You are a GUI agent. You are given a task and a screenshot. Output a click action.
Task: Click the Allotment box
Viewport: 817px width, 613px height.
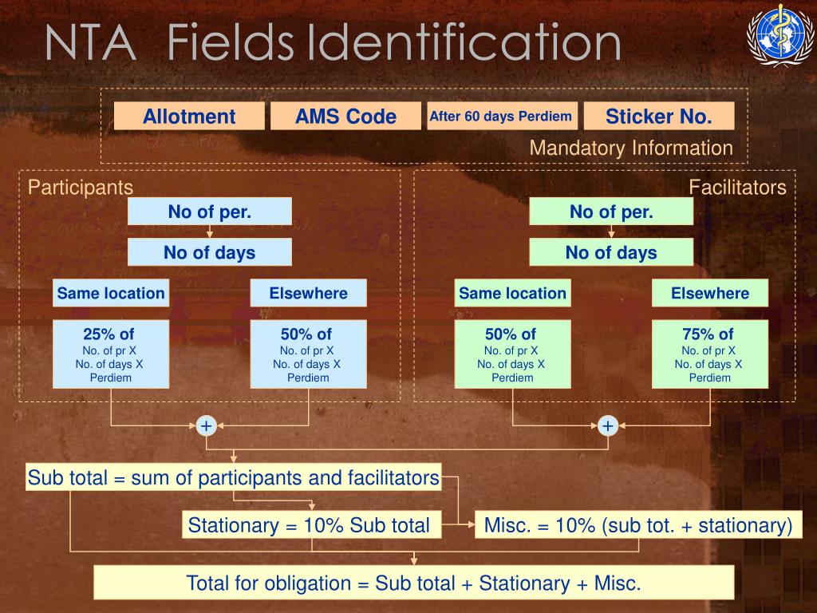pyautogui.click(x=189, y=117)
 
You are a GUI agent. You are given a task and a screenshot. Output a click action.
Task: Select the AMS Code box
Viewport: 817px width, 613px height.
pyautogui.click(x=345, y=117)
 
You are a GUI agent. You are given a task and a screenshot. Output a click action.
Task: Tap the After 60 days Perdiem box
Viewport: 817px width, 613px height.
pyautogui.click(x=501, y=117)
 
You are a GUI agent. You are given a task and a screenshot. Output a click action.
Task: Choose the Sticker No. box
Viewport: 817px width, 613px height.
pyautogui.click(x=658, y=117)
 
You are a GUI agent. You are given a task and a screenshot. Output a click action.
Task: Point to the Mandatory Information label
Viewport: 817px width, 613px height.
pyautogui.click(x=631, y=148)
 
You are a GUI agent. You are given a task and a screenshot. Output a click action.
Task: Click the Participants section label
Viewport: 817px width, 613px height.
pyautogui.click(x=81, y=188)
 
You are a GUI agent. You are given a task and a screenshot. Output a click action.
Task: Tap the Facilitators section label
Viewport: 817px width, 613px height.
pyautogui.click(x=737, y=188)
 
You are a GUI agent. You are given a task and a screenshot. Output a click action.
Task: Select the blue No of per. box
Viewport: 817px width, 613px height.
pyautogui.click(x=209, y=212)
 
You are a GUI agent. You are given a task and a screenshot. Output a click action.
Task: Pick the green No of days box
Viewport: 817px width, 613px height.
pyautogui.click(x=611, y=253)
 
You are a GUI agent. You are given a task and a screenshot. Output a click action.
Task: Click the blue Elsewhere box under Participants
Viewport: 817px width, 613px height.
pyautogui.click(x=308, y=293)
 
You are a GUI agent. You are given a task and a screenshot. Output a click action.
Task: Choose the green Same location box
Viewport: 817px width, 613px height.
pyautogui.click(x=512, y=293)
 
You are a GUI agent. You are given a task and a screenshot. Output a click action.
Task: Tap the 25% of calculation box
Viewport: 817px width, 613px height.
pyautogui.click(x=110, y=354)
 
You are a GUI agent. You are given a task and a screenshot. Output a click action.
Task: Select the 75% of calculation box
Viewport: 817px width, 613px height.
pyautogui.click(x=709, y=354)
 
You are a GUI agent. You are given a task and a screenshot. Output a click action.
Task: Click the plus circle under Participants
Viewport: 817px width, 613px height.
pyautogui.click(x=207, y=426)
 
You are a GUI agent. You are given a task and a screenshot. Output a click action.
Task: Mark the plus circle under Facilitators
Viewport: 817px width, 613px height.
pyautogui.click(x=608, y=426)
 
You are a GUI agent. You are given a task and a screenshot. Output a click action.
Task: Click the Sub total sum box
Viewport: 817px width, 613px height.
pyautogui.click(x=233, y=477)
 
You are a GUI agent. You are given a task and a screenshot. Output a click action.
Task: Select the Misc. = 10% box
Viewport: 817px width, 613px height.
pyautogui.click(x=637, y=525)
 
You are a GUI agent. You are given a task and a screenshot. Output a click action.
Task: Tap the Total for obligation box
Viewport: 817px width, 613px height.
pyautogui.click(x=413, y=583)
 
